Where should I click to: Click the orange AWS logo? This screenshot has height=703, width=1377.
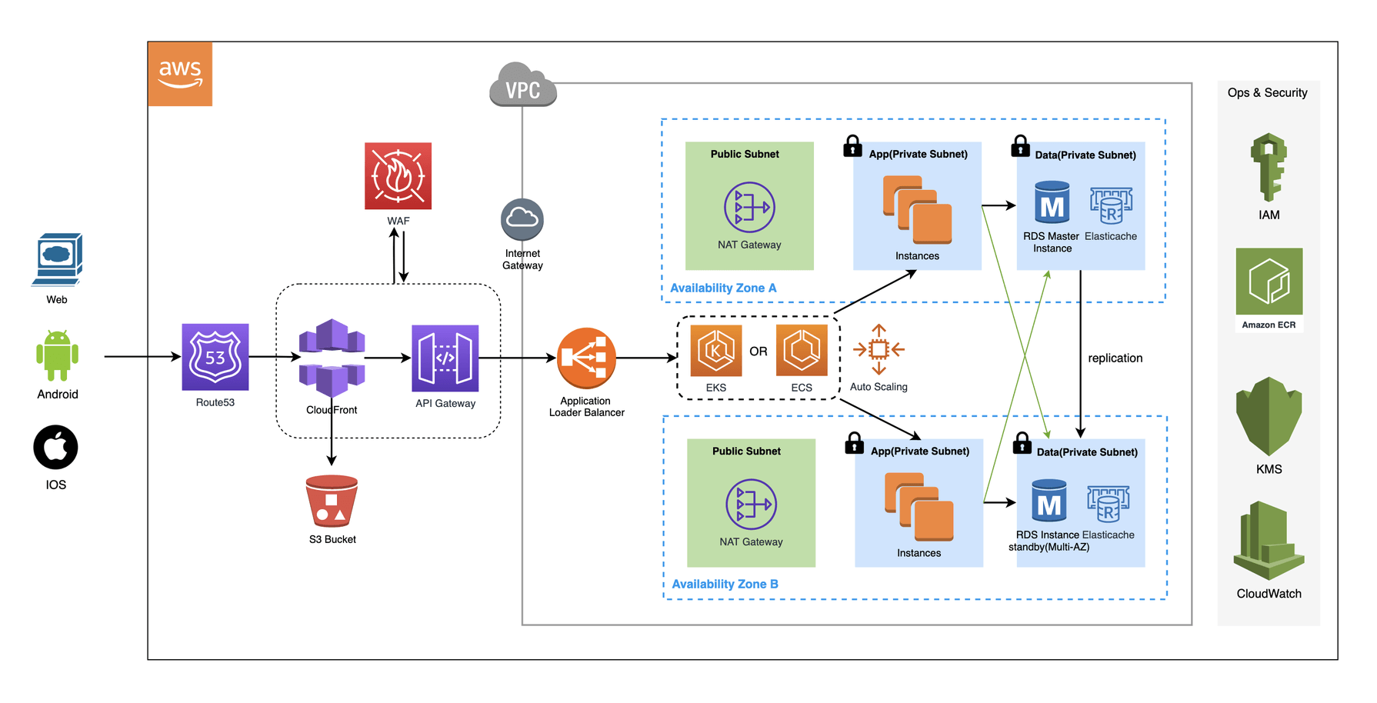click(x=180, y=74)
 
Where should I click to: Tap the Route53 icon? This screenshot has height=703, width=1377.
click(x=215, y=357)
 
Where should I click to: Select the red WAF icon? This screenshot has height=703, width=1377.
click(x=398, y=176)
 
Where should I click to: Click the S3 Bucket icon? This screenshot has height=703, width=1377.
click(x=332, y=501)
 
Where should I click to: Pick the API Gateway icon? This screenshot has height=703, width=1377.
click(x=445, y=358)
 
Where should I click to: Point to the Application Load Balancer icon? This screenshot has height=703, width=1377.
click(x=586, y=358)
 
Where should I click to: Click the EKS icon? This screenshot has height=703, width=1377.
click(x=716, y=351)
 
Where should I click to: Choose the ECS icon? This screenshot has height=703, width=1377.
click(x=802, y=351)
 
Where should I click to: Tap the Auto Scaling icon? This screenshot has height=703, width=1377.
click(x=879, y=350)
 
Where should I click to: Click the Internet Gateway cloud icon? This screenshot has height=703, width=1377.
click(x=522, y=220)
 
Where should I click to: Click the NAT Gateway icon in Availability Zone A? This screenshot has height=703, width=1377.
click(x=749, y=207)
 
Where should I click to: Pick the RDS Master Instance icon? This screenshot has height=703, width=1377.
click(x=1052, y=202)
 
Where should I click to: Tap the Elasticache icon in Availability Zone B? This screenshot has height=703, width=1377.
click(x=1108, y=504)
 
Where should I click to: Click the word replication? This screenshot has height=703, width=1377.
click(x=1115, y=358)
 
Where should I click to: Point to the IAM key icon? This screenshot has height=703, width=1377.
click(x=1269, y=167)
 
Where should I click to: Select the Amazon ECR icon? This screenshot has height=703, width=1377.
click(x=1269, y=282)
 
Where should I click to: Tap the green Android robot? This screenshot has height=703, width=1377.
click(x=58, y=355)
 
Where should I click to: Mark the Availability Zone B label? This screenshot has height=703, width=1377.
click(x=725, y=585)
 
